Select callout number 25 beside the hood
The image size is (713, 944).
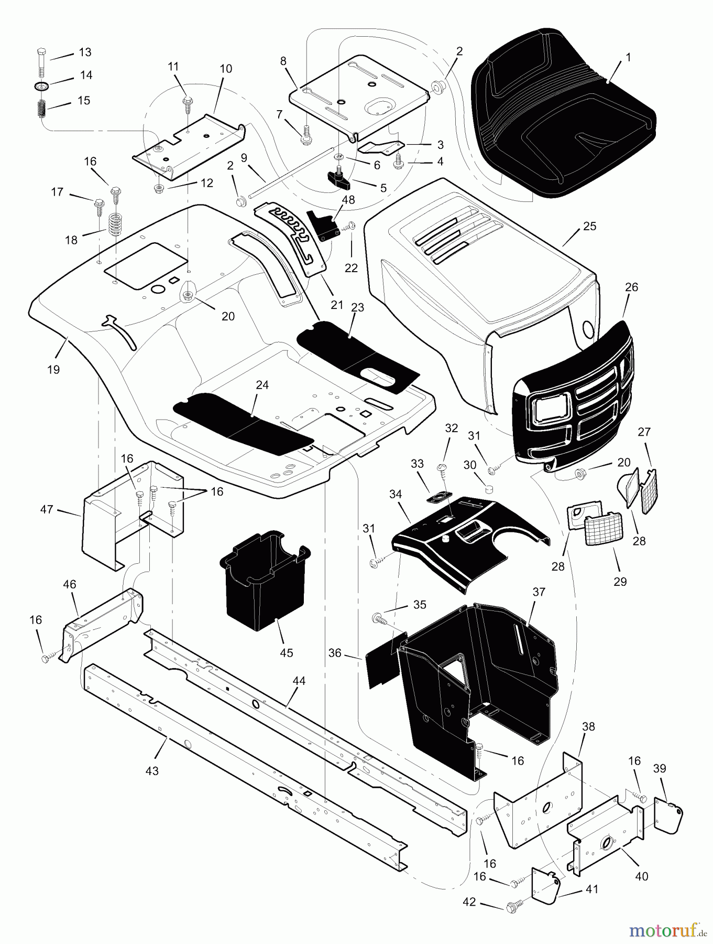(589, 227)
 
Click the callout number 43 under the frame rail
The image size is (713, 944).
(152, 771)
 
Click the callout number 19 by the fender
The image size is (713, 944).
(53, 370)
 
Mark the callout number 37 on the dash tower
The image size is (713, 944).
(539, 592)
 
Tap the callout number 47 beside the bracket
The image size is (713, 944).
(47, 509)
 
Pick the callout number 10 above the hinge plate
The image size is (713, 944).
(226, 69)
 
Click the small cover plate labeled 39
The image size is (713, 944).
(668, 819)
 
